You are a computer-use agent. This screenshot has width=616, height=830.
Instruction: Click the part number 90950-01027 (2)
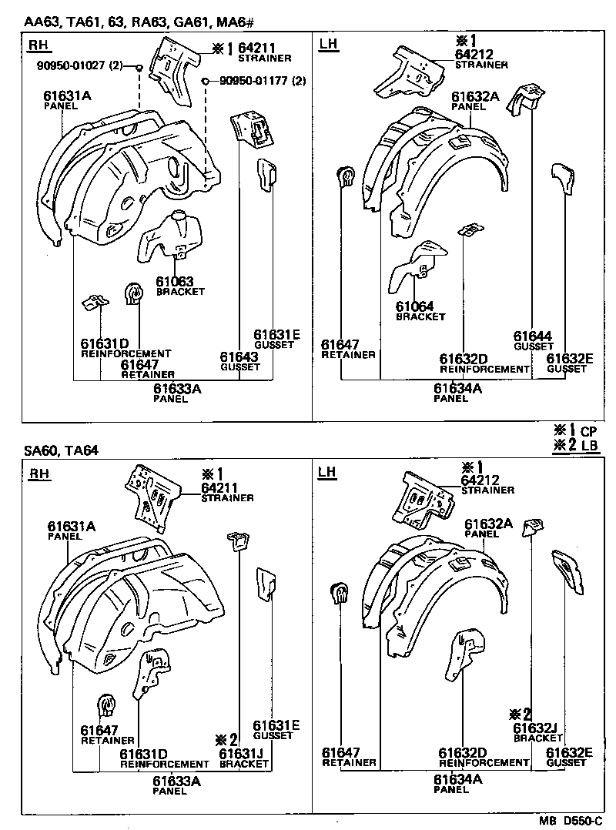pos(80,65)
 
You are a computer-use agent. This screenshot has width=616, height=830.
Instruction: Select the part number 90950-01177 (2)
pos(263,81)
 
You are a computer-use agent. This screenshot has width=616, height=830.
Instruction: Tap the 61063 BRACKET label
pos(179,286)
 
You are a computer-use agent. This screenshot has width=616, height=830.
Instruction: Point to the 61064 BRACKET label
pos(420,310)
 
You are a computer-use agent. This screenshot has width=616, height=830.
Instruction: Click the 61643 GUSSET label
pos(239,361)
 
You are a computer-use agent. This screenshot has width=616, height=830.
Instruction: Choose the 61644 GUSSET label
pos(533,340)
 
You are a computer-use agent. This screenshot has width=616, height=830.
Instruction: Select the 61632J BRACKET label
pos(537,731)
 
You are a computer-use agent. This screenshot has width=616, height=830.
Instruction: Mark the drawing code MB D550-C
pos(571,821)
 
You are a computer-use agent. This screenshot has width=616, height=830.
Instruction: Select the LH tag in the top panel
pos(328,45)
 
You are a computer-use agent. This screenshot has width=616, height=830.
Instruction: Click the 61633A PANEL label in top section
pos(176,393)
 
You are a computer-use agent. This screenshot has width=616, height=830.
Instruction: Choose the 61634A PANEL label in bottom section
pos(457,783)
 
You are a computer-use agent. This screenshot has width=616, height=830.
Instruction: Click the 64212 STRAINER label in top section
pos(480,59)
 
